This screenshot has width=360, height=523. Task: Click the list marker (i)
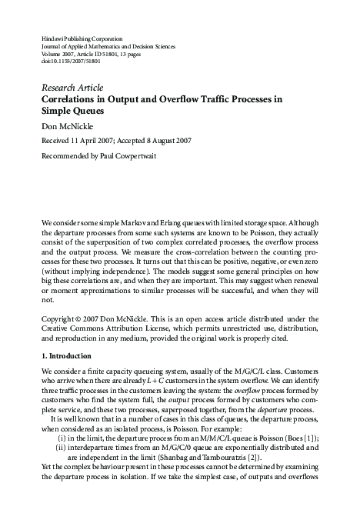(62, 437)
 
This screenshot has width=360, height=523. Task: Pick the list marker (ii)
(61, 447)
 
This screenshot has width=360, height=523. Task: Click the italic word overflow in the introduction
(252, 391)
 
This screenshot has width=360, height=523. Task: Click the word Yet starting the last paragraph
(47, 467)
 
